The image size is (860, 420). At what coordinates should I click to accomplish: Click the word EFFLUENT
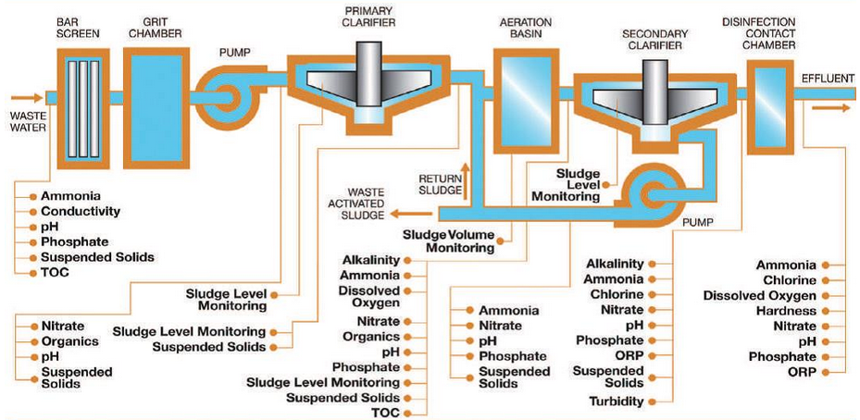click(829, 80)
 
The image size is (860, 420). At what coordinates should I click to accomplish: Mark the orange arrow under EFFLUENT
click(831, 107)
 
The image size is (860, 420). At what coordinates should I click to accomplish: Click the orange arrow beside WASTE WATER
click(27, 96)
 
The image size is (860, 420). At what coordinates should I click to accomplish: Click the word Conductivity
click(81, 211)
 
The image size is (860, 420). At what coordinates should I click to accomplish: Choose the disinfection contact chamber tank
click(766, 96)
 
